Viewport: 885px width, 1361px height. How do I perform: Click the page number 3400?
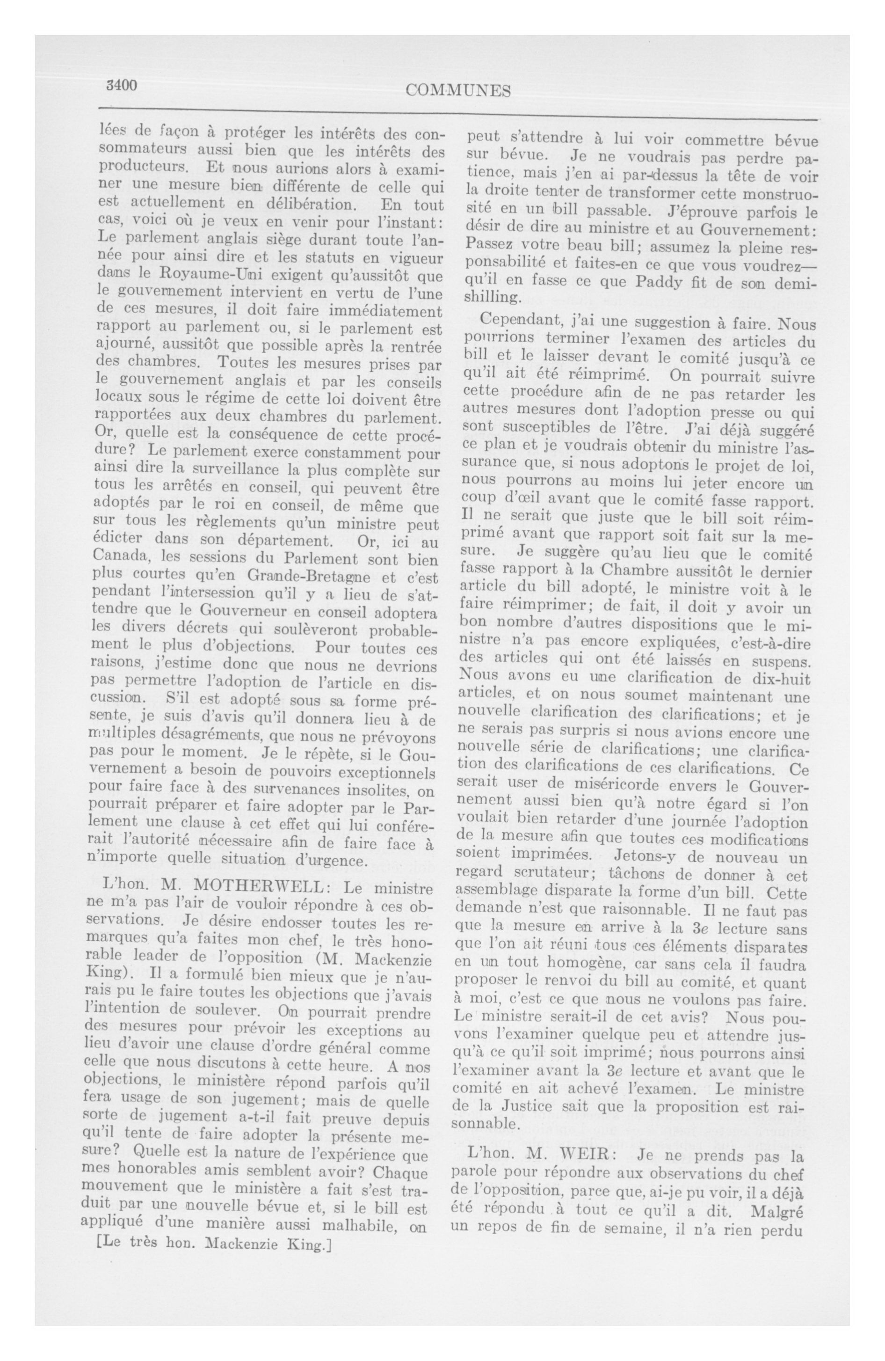pyautogui.click(x=122, y=86)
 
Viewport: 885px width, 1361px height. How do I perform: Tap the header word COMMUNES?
pyautogui.click(x=457, y=90)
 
